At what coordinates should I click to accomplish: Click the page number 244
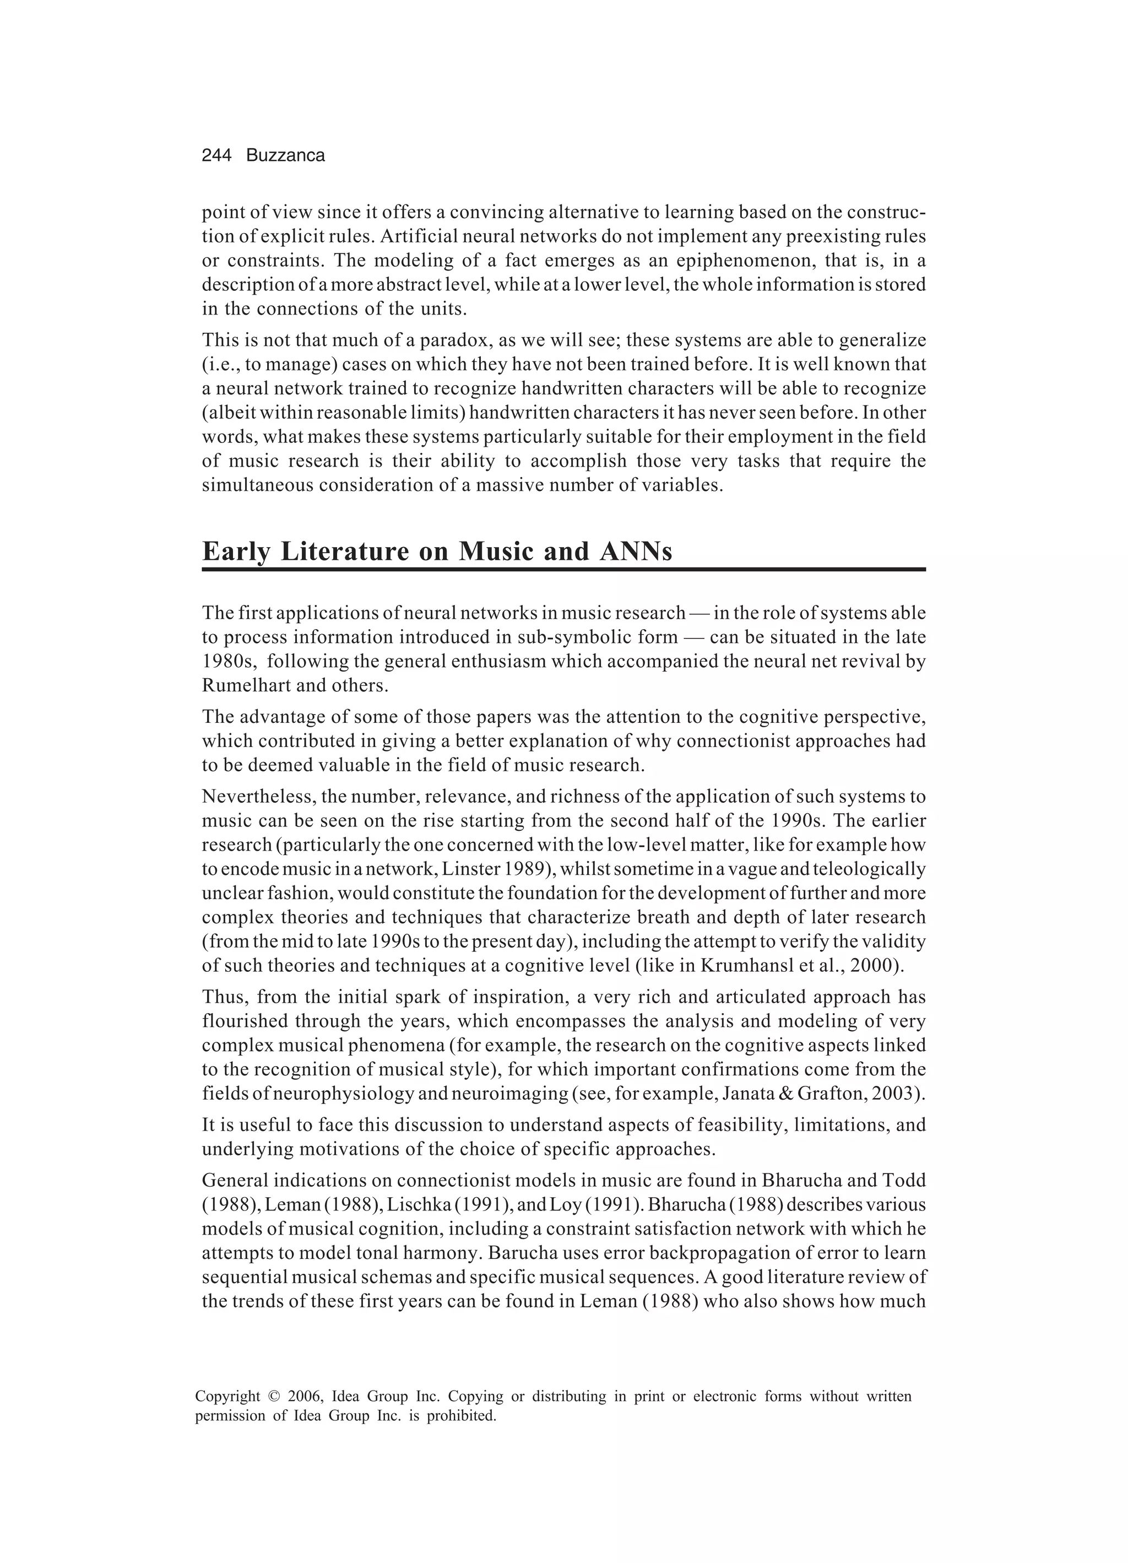pyautogui.click(x=216, y=156)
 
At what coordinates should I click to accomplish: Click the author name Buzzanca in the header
pyautogui.click(x=285, y=156)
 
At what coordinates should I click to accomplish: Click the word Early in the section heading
pyautogui.click(x=234, y=552)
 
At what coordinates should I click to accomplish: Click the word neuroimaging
pyautogui.click(x=510, y=1094)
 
